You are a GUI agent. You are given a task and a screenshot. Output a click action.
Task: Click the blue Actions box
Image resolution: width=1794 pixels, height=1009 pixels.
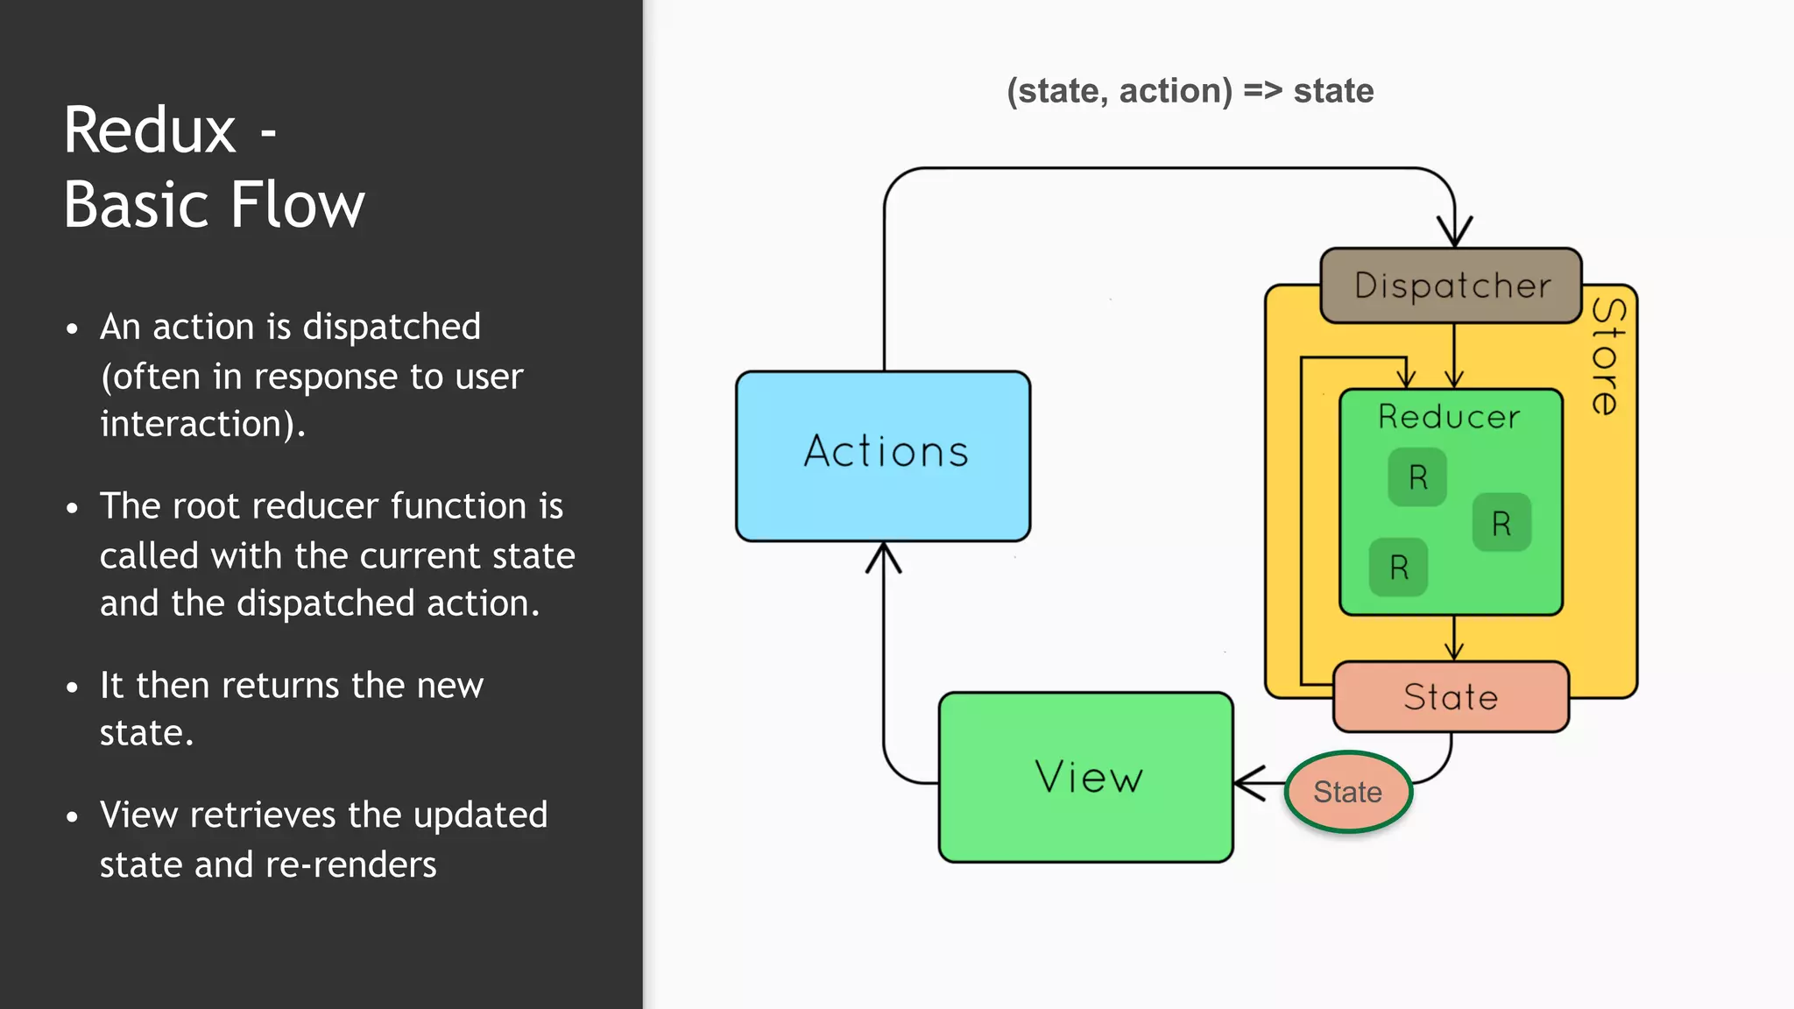pos(883,455)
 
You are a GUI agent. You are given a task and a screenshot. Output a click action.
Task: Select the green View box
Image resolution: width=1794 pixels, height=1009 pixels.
pos(1086,778)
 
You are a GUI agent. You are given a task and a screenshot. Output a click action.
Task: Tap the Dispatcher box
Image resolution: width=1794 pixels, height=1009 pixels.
pos(1451,286)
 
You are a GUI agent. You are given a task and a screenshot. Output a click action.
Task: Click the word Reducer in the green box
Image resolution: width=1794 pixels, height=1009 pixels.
pos(1449,417)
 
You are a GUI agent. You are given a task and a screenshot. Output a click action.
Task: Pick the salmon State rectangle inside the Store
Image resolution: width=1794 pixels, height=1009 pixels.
pos(1451,697)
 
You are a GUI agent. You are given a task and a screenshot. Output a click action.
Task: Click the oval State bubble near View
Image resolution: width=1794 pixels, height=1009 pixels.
pos(1348,792)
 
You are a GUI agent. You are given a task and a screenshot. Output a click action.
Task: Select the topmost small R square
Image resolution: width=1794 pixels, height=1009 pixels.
pos(1417,477)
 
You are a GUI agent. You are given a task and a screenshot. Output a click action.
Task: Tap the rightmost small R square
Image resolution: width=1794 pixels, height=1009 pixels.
pos(1501,523)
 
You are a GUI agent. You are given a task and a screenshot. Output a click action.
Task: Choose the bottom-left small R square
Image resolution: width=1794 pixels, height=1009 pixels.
pos(1399,568)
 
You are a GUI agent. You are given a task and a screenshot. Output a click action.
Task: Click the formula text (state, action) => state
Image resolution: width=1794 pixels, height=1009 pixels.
pos(1190,91)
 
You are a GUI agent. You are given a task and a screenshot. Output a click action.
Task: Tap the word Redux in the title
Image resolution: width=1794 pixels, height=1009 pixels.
pos(150,131)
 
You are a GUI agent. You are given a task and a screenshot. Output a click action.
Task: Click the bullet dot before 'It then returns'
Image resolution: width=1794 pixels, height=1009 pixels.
pos(73,688)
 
